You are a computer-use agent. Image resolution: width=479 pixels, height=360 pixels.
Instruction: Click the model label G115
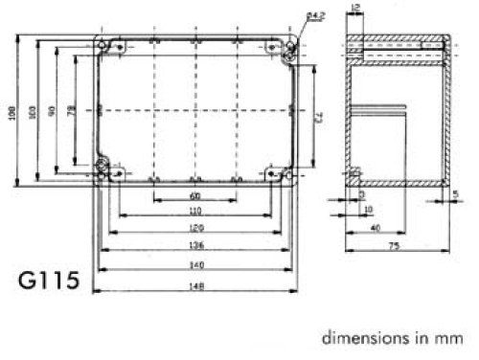tap(54, 284)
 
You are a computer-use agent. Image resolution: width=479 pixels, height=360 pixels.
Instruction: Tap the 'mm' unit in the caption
tap(449, 338)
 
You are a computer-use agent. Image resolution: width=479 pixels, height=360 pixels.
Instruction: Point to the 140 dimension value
tap(194, 265)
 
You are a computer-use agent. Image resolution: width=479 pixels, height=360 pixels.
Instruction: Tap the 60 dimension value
tap(194, 197)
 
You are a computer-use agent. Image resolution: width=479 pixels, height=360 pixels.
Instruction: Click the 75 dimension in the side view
tap(394, 246)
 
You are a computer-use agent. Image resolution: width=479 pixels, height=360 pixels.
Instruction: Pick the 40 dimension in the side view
tap(375, 228)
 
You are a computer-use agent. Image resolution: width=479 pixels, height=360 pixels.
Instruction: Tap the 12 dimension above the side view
tap(356, 9)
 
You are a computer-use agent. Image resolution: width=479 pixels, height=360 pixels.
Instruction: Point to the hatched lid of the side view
tap(398, 45)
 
